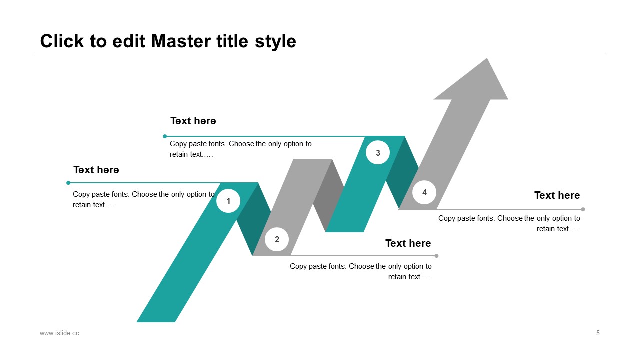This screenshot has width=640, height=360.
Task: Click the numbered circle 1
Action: coord(228,201)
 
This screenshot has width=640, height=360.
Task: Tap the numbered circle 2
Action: coord(277,239)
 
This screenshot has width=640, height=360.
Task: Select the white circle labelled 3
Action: coord(378,153)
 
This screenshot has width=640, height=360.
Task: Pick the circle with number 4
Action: coord(424,192)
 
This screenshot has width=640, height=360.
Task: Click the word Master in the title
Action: coord(181,41)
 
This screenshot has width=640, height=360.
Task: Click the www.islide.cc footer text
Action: coord(59,333)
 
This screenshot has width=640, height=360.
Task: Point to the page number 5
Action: coord(598,333)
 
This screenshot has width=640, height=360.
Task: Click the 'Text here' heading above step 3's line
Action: coord(193,121)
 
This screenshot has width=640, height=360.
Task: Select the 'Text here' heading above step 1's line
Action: coord(96,170)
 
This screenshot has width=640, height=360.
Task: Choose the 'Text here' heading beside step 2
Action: coord(408,243)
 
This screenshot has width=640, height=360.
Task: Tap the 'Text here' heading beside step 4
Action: coord(557,195)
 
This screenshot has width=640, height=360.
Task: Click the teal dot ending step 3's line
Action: coord(165,136)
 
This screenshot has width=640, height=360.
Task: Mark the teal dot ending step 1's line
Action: coord(68,183)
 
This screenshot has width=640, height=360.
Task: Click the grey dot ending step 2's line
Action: coord(436,256)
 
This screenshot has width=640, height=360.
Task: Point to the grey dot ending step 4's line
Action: coord(583,209)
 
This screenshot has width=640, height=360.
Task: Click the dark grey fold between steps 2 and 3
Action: coord(329,194)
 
